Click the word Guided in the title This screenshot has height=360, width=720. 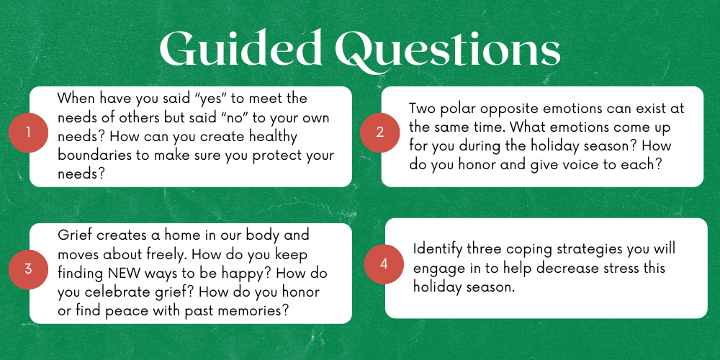pyautogui.click(x=240, y=48)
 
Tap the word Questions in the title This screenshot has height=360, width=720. pyautogui.click(x=448, y=50)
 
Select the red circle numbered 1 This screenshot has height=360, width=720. pyautogui.click(x=28, y=132)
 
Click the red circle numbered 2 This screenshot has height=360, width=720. pyautogui.click(x=379, y=132)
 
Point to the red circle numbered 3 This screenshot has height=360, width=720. pyautogui.click(x=28, y=269)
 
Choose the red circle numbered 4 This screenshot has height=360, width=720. pyautogui.click(x=384, y=264)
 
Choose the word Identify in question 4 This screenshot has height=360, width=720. pyautogui.click(x=437, y=250)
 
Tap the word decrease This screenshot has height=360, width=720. pyautogui.click(x=536, y=269)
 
